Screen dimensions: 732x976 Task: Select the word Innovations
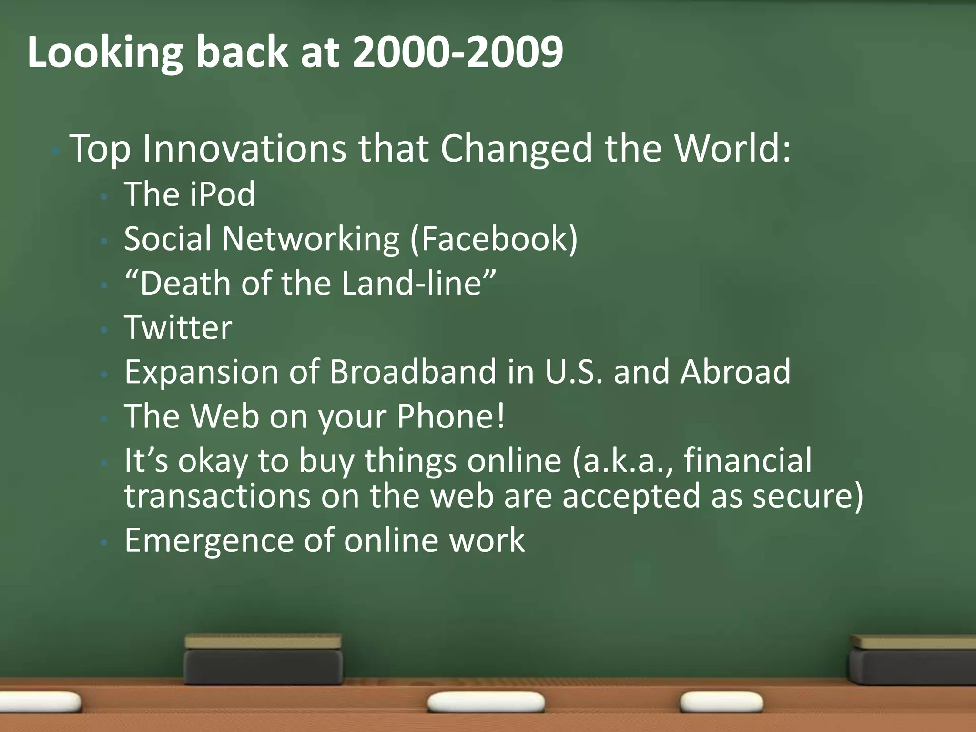coord(244,149)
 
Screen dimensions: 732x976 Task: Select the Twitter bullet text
coord(178,328)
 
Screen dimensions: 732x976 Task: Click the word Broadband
coord(413,372)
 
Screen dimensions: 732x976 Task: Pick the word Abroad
coord(735,372)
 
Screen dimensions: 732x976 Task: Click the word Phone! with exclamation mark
coord(450,417)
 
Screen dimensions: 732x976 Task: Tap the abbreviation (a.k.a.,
coord(622,461)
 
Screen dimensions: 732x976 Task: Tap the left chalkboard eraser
coord(263,660)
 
